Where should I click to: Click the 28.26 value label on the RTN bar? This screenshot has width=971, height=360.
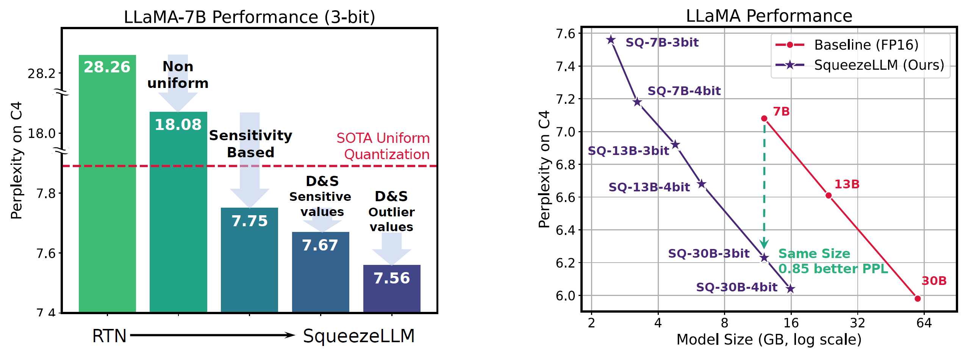tap(107, 67)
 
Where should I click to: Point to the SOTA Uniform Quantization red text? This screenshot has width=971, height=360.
tap(383, 146)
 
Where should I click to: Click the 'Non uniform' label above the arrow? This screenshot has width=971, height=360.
tap(178, 75)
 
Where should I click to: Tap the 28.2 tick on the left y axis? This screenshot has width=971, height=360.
tap(42, 74)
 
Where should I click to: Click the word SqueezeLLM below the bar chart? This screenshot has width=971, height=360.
tap(359, 336)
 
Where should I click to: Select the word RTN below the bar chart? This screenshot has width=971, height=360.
tap(109, 336)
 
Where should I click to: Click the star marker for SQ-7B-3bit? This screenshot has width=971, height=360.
tap(611, 40)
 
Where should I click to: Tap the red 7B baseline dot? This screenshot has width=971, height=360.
tap(764, 119)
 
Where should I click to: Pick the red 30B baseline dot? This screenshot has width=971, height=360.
tap(918, 299)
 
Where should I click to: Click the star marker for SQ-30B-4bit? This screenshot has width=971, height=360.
tap(790, 289)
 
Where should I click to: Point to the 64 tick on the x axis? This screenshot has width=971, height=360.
tap(924, 323)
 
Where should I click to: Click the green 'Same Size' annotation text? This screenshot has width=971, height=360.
tap(814, 254)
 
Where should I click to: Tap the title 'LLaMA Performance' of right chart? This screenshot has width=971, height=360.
tap(769, 16)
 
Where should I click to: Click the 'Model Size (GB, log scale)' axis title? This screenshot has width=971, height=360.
tap(769, 340)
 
